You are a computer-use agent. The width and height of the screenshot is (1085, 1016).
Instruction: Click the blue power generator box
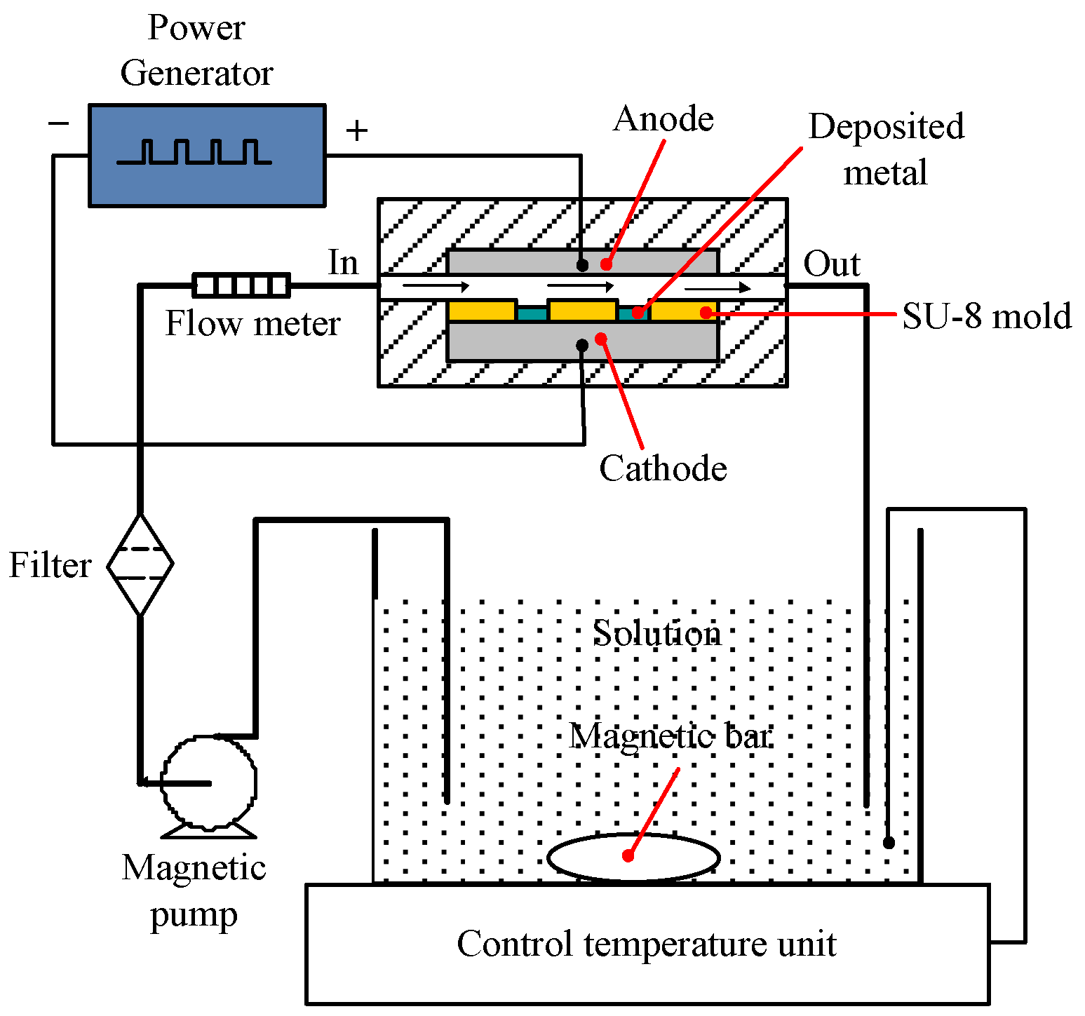click(207, 156)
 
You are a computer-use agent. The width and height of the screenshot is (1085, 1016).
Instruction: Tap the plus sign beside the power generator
click(357, 130)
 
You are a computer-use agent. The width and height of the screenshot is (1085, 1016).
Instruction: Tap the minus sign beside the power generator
click(59, 124)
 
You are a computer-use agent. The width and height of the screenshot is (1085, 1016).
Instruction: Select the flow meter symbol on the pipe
click(241, 285)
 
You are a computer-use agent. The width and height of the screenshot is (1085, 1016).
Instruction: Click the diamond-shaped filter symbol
click(140, 564)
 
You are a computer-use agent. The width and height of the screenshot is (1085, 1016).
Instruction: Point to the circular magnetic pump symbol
click(209, 783)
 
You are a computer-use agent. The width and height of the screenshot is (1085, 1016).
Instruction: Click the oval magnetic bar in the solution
click(633, 857)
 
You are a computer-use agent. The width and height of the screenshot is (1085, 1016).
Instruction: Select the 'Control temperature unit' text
click(646, 944)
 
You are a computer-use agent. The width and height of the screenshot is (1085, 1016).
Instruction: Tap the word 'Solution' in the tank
click(656, 633)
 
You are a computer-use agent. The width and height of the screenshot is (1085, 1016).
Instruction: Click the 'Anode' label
click(663, 119)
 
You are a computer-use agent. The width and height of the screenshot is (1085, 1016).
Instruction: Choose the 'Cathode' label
click(663, 468)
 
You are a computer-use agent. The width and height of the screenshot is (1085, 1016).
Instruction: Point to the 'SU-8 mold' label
click(986, 316)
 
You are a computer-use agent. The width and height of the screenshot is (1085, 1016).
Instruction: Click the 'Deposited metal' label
click(886, 149)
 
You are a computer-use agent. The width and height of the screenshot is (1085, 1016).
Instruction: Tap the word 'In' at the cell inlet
click(343, 263)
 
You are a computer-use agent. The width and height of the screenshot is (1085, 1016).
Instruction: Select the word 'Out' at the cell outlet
click(831, 264)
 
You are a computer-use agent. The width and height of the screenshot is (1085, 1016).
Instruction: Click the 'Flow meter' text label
click(252, 324)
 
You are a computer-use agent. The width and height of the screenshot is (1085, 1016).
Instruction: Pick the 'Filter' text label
click(50, 565)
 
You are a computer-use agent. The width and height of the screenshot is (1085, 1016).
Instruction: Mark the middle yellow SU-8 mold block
click(583, 309)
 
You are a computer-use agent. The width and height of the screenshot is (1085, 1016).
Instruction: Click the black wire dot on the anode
click(582, 265)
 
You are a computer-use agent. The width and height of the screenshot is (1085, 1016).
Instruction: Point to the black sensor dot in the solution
click(889, 843)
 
